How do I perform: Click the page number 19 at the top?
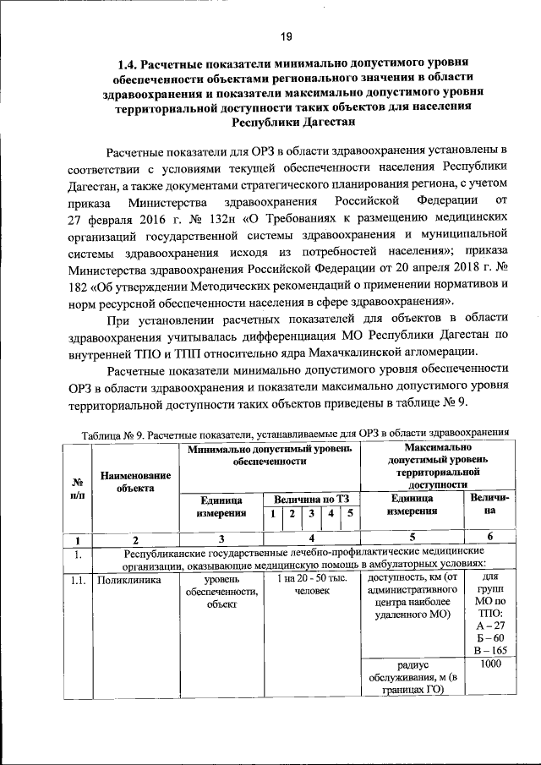286,36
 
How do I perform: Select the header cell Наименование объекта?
135,482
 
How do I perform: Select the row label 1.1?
77,579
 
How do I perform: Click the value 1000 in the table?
490,664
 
